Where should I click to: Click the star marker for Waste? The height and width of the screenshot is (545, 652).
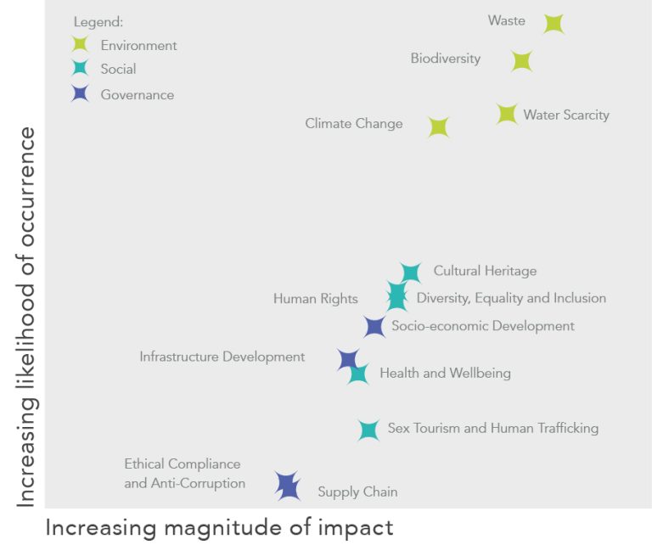tap(554, 24)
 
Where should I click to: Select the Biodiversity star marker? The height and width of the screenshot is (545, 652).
tap(521, 61)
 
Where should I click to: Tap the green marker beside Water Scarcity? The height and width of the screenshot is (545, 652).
tap(507, 114)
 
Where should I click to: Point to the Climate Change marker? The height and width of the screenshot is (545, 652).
tap(438, 127)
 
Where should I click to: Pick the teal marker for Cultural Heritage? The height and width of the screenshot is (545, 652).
tap(410, 272)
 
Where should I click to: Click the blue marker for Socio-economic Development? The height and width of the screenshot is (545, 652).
tap(374, 327)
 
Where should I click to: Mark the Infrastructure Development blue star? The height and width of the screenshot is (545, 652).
tap(347, 359)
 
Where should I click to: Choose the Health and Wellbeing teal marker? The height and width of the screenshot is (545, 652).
tap(358, 374)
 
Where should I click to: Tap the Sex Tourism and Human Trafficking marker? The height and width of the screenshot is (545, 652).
tap(368, 430)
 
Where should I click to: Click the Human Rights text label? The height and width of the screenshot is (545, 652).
tap(315, 299)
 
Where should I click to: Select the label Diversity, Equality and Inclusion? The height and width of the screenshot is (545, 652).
tap(511, 298)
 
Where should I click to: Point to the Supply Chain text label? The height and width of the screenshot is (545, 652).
tap(357, 492)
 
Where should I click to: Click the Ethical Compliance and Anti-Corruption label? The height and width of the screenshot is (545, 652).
tap(184, 474)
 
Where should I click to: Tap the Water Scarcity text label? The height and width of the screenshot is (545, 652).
tap(566, 115)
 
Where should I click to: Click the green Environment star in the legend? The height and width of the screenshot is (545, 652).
tap(81, 45)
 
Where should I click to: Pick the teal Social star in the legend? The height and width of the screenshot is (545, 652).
tap(81, 69)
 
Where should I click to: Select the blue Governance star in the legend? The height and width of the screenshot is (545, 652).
tap(81, 94)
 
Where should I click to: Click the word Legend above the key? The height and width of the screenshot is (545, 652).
tap(98, 22)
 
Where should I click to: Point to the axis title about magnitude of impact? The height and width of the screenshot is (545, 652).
tap(219, 527)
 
